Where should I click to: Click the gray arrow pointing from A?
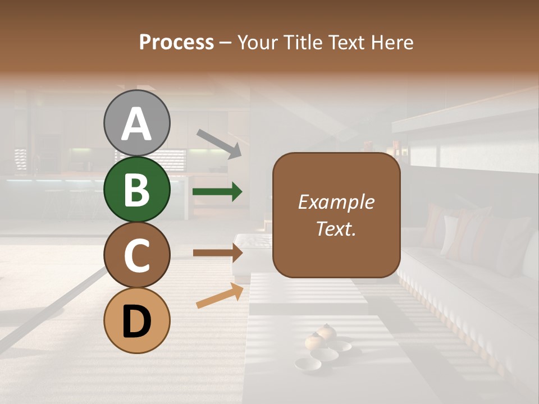tap(219, 143)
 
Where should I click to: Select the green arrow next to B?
tap(217, 192)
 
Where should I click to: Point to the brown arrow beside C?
tap(217, 253)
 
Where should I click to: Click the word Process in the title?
tap(176, 43)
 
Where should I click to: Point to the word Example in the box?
tap(336, 202)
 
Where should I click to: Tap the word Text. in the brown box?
tap(336, 228)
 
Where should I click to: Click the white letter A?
tap(136, 124)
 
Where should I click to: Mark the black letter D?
tap(136, 322)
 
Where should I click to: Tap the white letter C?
tap(136, 255)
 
